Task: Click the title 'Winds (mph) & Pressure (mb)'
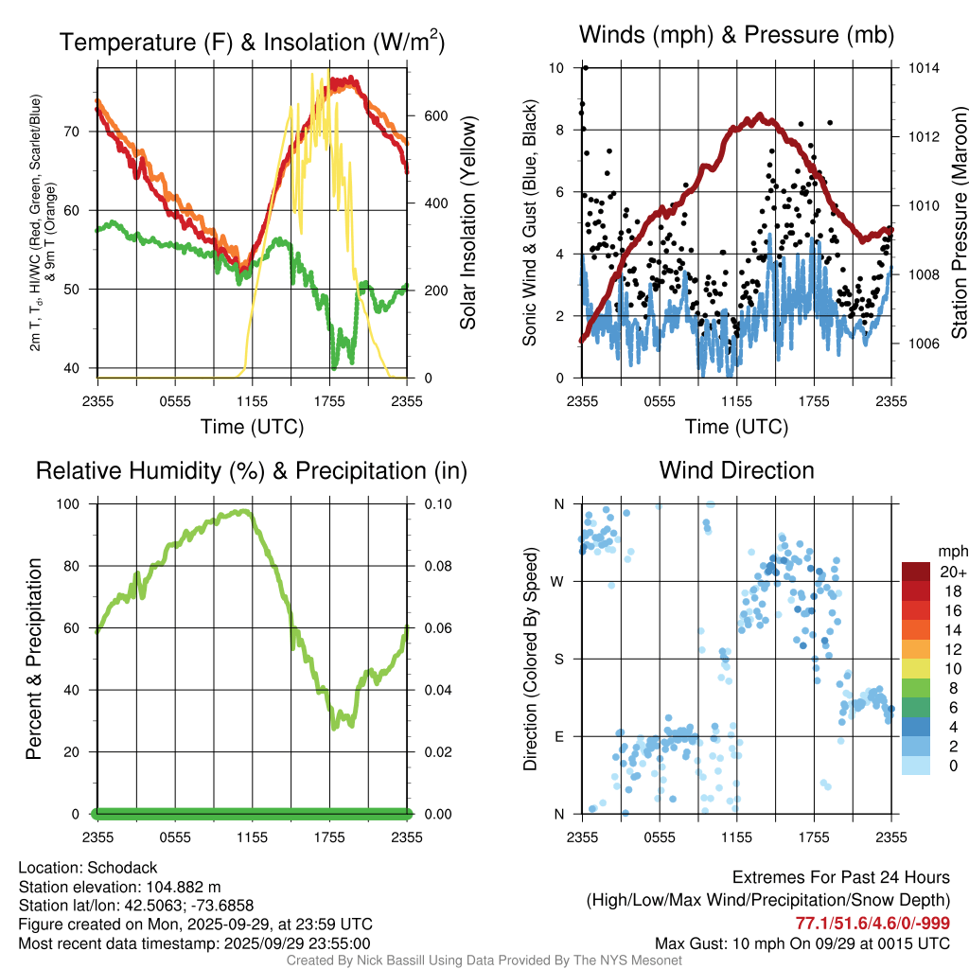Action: coord(736,36)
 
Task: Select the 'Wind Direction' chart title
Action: coord(736,470)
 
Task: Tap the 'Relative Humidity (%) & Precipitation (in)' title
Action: coord(252,470)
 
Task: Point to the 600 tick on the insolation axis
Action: coord(435,115)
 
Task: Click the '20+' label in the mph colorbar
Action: coord(951,572)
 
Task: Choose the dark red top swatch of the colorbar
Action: coord(915,572)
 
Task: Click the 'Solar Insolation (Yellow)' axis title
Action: coord(468,223)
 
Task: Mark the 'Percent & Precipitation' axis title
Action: coord(34,659)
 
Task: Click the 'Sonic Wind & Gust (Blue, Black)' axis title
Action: coord(531,223)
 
